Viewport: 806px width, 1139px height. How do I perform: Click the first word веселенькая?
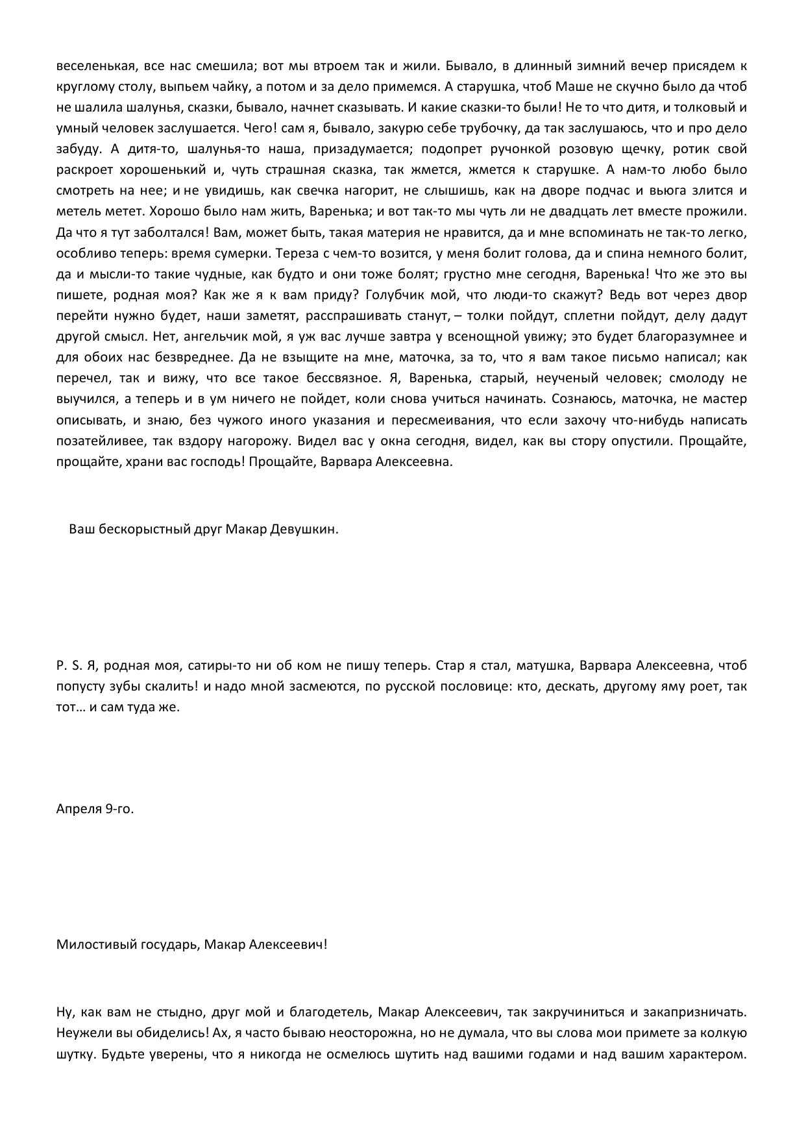pyautogui.click(x=95, y=66)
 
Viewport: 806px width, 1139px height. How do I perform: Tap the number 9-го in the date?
pyautogui.click(x=119, y=809)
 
